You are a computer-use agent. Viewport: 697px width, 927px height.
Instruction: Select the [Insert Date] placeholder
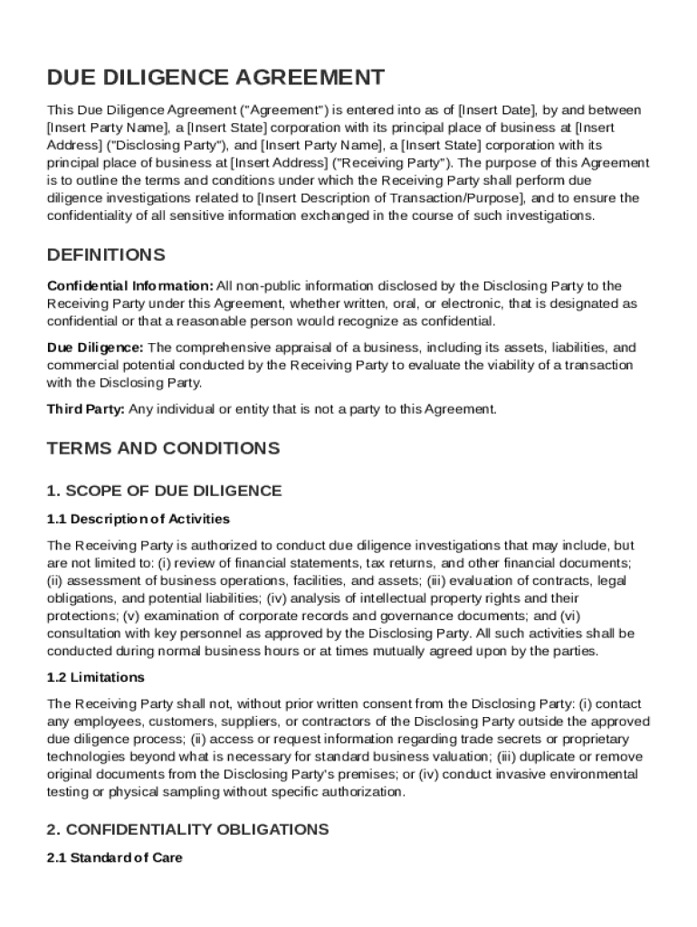point(501,110)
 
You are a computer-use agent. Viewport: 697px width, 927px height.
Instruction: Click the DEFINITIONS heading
point(106,254)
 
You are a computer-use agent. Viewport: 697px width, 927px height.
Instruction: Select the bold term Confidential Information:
point(130,286)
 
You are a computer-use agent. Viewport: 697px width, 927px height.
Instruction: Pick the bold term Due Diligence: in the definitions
point(95,348)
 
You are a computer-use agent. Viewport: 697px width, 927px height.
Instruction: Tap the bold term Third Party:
point(86,409)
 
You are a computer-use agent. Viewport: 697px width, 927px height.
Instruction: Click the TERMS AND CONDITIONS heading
point(163,449)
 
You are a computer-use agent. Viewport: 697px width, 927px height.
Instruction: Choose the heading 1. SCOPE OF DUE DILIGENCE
point(164,491)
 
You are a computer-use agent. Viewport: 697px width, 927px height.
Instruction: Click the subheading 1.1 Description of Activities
point(138,520)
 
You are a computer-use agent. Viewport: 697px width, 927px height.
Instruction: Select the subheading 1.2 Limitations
point(95,677)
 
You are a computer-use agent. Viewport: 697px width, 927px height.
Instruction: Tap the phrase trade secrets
point(498,739)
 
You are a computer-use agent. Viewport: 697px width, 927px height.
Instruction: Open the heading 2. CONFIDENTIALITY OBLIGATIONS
point(187,829)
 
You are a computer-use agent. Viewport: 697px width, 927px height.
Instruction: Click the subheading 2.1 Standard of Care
point(114,858)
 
